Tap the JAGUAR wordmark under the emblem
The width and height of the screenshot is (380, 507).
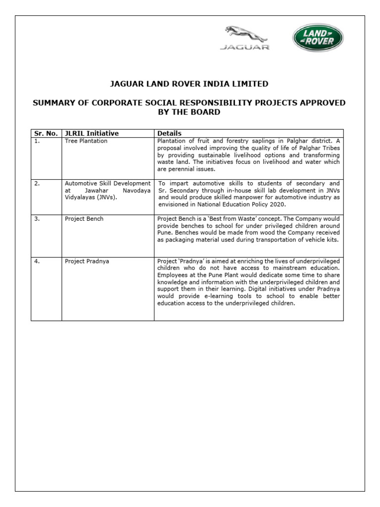245,48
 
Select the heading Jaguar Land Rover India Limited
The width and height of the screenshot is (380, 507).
189,83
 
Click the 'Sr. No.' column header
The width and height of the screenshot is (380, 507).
46,133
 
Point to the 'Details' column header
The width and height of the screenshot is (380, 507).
169,133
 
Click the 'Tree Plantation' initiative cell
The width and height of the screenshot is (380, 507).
86,141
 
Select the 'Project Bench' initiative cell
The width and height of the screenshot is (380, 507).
84,219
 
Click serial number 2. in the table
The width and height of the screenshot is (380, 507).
37,183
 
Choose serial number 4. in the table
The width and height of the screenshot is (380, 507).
37,261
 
